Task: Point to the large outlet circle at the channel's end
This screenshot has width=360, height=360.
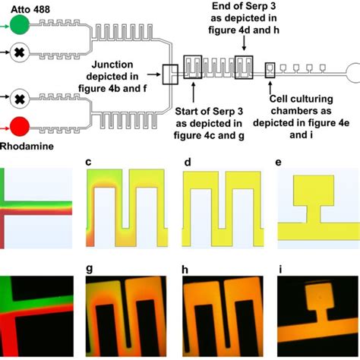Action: [x=355, y=74]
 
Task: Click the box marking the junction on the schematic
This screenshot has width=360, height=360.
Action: [x=170, y=74]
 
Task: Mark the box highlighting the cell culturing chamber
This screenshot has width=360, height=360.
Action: [x=270, y=71]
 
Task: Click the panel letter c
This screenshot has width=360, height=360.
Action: [x=90, y=163]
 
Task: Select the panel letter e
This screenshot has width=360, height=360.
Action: [x=281, y=163]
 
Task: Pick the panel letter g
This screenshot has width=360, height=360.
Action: [x=90, y=268]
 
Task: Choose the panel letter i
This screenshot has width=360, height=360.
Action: [x=281, y=268]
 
